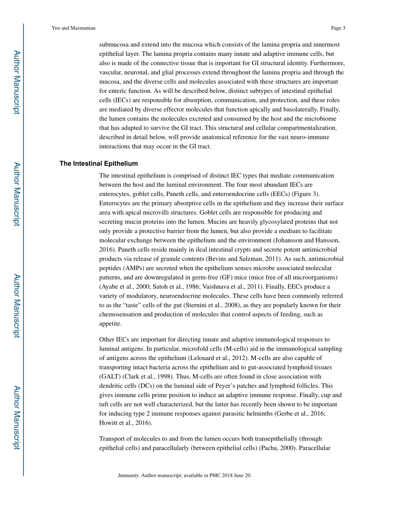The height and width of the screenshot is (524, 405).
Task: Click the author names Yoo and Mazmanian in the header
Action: tap(73, 28)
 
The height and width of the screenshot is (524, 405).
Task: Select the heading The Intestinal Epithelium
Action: tap(98, 164)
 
